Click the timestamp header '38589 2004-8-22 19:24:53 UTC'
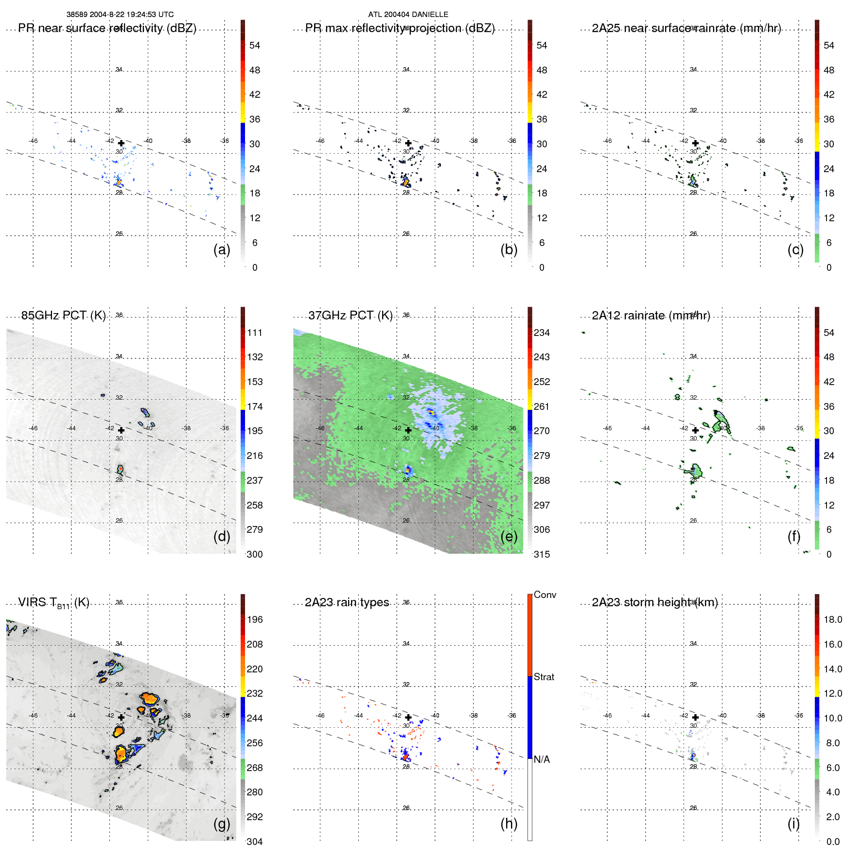120,15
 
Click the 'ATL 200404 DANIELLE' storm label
408,15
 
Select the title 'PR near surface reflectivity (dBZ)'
107,28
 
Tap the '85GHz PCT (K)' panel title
63,316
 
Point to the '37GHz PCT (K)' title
350,316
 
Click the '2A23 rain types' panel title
347,602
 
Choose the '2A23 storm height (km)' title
654,602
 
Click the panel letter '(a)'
222,249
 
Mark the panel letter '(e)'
509,536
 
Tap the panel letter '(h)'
509,824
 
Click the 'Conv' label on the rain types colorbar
545,595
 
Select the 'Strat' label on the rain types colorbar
544,677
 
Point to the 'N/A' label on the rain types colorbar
542,759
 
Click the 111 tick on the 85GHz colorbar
255,333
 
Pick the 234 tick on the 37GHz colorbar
542,333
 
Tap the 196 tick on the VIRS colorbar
255,619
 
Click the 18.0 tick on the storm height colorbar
832,619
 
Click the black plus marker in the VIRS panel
121,717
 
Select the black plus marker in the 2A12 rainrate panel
695,430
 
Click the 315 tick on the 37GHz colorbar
542,554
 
